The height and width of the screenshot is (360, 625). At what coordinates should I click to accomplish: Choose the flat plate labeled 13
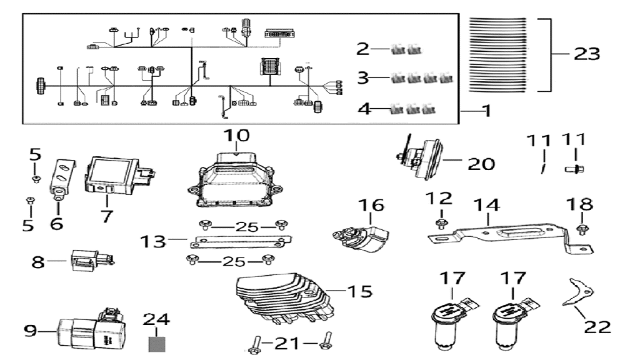pyautogui.click(x=241, y=242)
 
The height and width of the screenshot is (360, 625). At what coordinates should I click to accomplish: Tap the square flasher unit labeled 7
pyautogui.click(x=116, y=173)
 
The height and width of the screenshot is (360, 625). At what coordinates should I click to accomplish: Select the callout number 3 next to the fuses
pyautogui.click(x=363, y=78)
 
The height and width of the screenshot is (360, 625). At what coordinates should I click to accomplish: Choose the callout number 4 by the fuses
pyautogui.click(x=364, y=109)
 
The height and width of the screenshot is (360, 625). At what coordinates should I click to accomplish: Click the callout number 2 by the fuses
pyautogui.click(x=363, y=47)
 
